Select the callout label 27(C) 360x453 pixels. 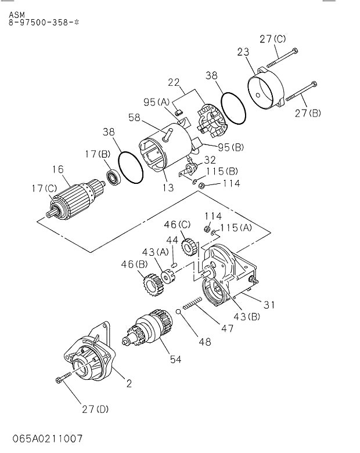click(273, 39)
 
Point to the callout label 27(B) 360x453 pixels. click(308, 114)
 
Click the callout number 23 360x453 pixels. click(243, 53)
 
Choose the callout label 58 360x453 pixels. click(134, 118)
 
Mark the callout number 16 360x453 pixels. click(57, 169)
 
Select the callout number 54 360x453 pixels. click(175, 360)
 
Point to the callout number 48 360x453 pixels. click(204, 342)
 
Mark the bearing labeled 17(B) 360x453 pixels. click(113, 176)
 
